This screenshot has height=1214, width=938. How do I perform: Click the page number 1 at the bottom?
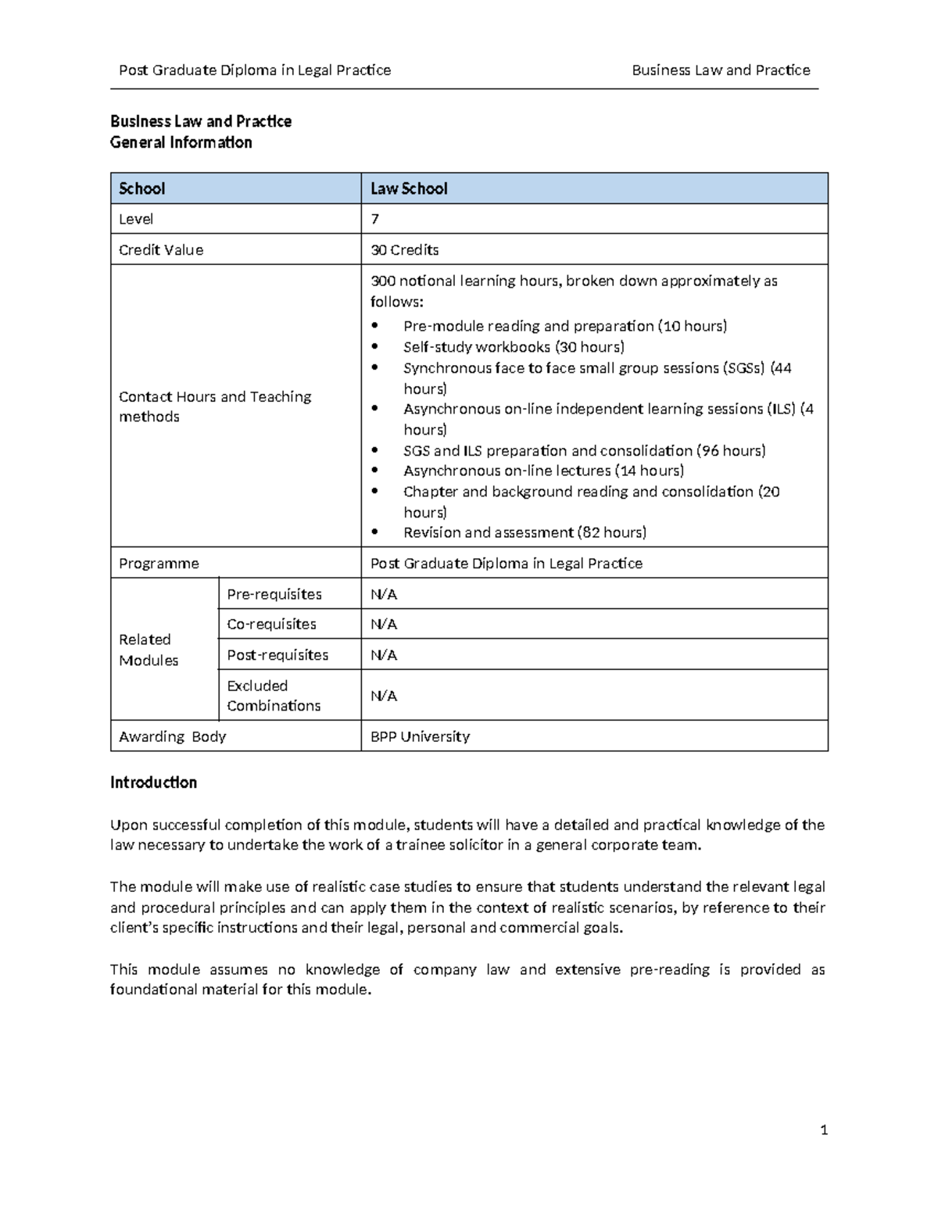pos(824,1130)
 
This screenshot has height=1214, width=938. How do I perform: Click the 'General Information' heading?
pos(181,142)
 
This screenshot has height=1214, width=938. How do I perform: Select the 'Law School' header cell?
pos(409,188)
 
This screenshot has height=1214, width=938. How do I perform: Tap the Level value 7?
pos(374,219)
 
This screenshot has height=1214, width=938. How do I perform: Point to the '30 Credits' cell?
pos(404,250)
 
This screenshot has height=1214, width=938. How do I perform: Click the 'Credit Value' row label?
pos(160,250)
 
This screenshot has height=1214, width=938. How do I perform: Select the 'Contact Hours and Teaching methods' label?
pos(215,406)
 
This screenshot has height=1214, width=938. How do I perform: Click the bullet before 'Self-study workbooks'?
pos(375,346)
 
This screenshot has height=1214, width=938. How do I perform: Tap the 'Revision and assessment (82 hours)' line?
pos(524,532)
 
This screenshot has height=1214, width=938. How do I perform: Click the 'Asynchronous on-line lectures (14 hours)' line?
pos(543,471)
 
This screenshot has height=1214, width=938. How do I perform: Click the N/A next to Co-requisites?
pos(384,624)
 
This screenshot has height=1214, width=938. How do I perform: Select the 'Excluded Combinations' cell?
pos(274,695)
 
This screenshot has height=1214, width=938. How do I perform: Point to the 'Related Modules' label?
pos(149,650)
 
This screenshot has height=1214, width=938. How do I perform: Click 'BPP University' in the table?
pos(420,736)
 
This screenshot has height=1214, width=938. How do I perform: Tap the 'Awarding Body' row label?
pos(172,736)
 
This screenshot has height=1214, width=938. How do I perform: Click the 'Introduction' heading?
pos(153,782)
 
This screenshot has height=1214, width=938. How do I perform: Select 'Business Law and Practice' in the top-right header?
pos(721,70)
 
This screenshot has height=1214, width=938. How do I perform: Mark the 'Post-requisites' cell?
pos(277,655)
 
